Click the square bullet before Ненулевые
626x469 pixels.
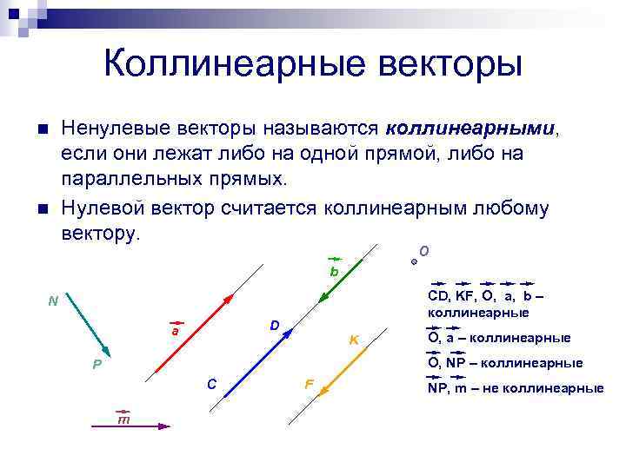[x=43, y=130]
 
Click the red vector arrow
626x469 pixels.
[x=193, y=334]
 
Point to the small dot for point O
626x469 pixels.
[x=414, y=260]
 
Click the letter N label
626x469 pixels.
[x=53, y=301]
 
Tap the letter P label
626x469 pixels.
[x=97, y=364]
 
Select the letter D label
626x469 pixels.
[x=274, y=326]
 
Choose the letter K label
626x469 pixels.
[x=354, y=339]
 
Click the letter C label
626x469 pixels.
[x=211, y=383]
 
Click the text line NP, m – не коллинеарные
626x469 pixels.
[x=515, y=388]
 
